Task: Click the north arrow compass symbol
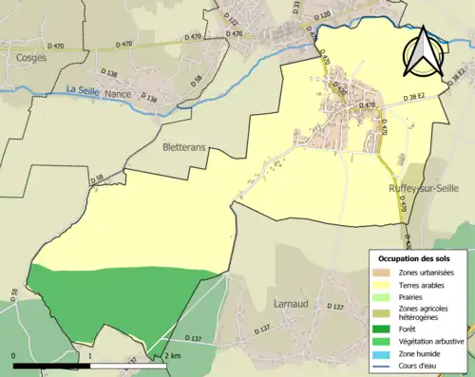click(x=423, y=51)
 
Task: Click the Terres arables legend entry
click(x=421, y=284)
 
